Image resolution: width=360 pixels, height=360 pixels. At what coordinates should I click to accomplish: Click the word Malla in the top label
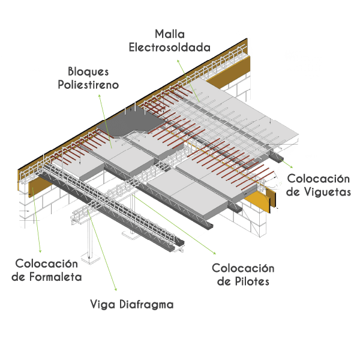(x=170, y=34)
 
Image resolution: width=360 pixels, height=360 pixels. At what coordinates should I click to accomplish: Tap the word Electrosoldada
(x=170, y=47)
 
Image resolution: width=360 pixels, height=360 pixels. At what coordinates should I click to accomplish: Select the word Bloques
(x=88, y=71)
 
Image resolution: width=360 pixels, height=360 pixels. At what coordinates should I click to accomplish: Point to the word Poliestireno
(x=88, y=85)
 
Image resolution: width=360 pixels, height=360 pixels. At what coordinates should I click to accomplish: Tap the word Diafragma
(x=146, y=304)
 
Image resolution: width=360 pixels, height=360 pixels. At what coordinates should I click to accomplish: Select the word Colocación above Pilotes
(x=243, y=268)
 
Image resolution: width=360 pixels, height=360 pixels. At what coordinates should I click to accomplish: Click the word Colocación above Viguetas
(x=319, y=178)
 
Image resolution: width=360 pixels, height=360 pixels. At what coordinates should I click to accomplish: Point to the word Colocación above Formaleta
(x=47, y=263)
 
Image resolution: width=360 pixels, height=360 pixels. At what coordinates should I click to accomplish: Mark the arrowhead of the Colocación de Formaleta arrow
(x=40, y=251)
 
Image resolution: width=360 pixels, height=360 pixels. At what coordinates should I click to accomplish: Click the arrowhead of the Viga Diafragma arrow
(x=116, y=290)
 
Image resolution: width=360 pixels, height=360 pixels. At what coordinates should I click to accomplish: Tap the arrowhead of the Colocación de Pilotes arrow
(x=215, y=253)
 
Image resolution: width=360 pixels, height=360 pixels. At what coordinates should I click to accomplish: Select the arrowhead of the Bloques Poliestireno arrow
(x=100, y=96)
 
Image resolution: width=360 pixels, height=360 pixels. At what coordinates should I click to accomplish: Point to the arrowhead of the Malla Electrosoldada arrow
(x=178, y=61)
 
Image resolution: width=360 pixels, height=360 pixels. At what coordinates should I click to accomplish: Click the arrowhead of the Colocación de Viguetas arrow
(x=291, y=167)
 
